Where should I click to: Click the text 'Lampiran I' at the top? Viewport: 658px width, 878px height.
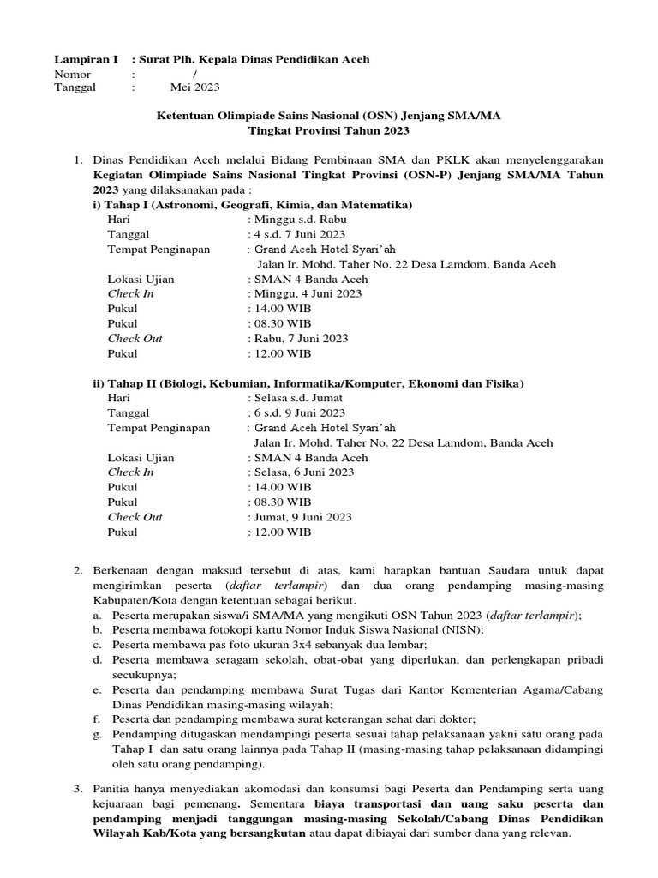[81, 59]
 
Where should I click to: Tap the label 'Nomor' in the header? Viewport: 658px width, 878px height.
[73, 74]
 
